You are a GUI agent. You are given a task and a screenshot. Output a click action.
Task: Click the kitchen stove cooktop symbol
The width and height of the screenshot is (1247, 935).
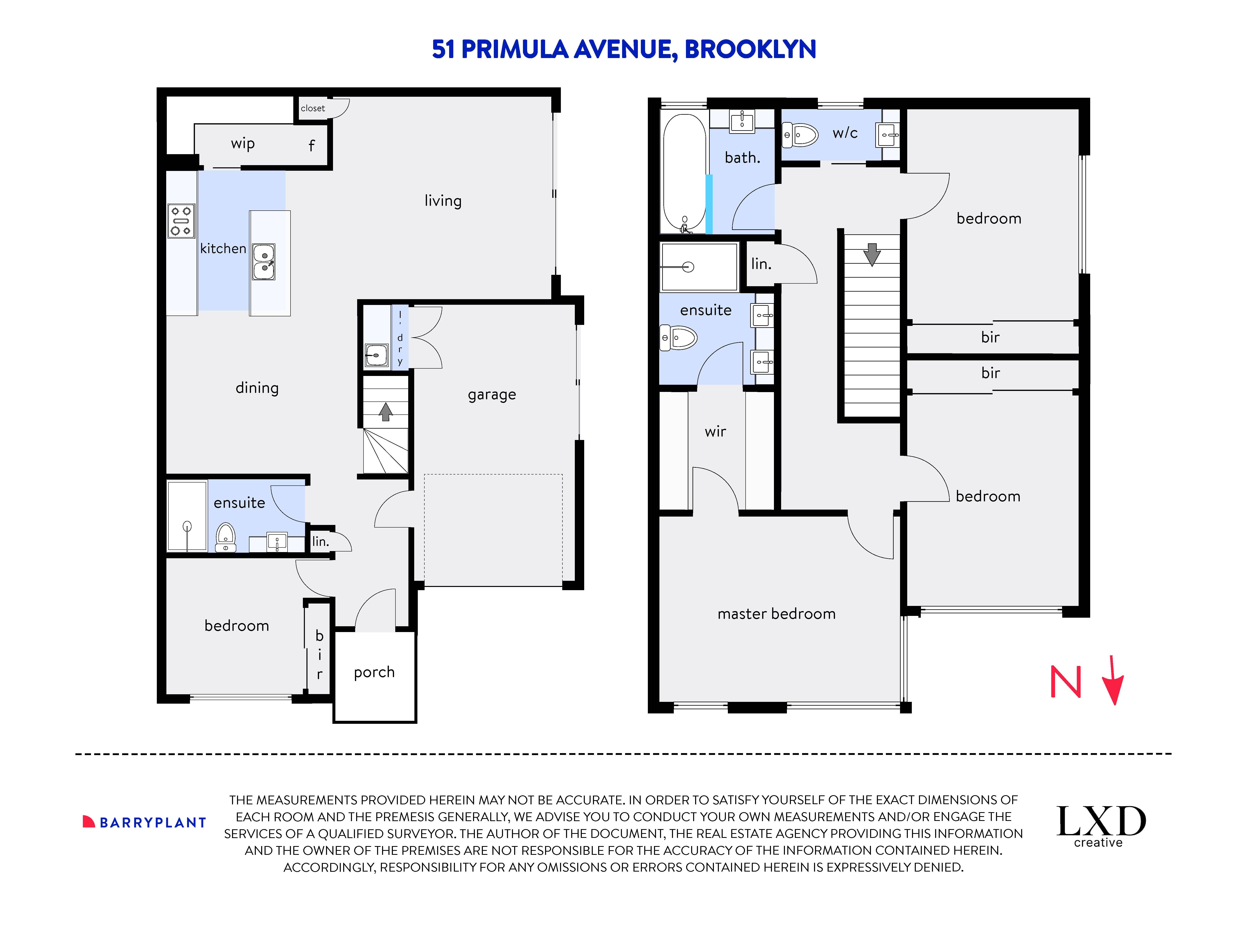[x=181, y=220]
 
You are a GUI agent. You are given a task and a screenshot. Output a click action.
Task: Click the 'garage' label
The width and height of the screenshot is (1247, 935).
[x=492, y=395]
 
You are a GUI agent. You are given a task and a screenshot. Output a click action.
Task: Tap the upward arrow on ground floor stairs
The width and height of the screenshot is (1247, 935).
[x=386, y=411]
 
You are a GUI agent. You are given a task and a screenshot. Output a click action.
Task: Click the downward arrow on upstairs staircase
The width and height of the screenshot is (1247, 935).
[x=872, y=254]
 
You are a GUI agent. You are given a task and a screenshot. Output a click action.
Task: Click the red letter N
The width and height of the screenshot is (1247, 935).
[x=1065, y=682]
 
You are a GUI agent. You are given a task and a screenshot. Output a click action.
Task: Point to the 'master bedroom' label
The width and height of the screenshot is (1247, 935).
[x=776, y=614]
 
